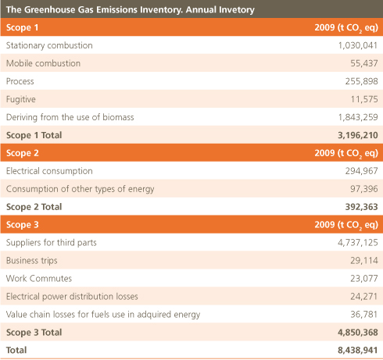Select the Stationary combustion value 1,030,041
(x=358, y=45)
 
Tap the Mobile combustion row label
(x=43, y=63)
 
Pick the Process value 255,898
(x=361, y=81)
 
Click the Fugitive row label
(x=21, y=99)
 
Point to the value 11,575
(x=364, y=99)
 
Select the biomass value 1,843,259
(x=358, y=117)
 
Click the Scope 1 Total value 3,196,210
(x=358, y=135)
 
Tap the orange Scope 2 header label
(x=23, y=153)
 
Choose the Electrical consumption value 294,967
(x=361, y=171)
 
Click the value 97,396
(x=364, y=189)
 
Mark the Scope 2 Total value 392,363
(x=361, y=207)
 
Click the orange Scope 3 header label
(x=23, y=225)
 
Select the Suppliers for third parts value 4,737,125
(x=358, y=243)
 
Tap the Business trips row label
(x=32, y=261)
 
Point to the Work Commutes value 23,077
(x=364, y=279)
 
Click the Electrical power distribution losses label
(x=72, y=297)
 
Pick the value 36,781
(x=364, y=314)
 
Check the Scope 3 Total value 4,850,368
(x=358, y=333)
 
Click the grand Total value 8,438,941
(x=358, y=350)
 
